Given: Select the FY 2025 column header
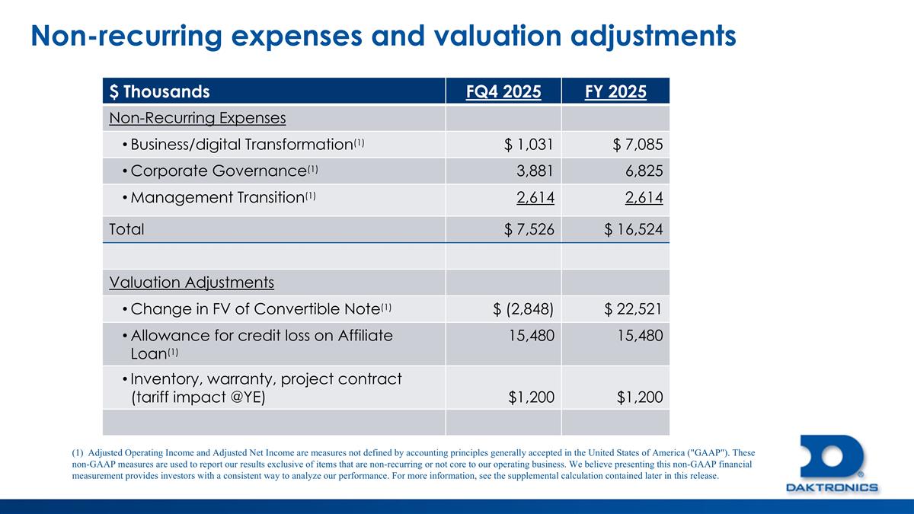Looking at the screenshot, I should (x=615, y=92).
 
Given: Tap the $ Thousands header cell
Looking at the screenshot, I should (x=159, y=92).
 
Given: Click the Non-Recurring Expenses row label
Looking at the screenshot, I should (x=197, y=118).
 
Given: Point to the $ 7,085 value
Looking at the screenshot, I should (x=634, y=145).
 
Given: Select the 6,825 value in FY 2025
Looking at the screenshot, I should (x=643, y=171).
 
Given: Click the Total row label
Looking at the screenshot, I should (x=126, y=228).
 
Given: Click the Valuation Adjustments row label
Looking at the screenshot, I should (x=191, y=283).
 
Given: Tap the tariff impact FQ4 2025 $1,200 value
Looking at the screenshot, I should (x=531, y=397).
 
